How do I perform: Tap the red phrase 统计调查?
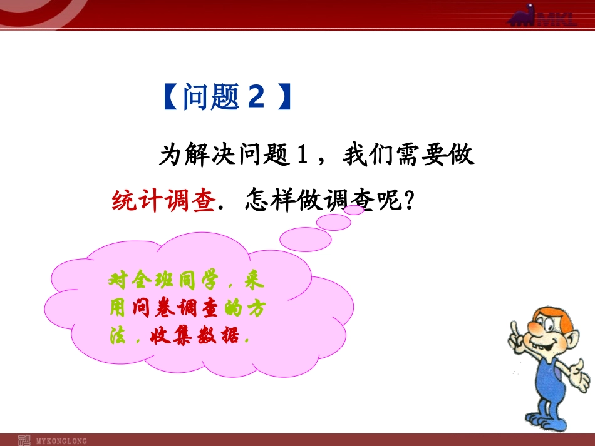(x=164, y=201)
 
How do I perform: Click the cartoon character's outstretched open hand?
(x=582, y=378)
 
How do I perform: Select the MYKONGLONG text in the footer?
(x=62, y=441)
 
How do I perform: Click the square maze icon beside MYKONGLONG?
(x=24, y=440)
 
